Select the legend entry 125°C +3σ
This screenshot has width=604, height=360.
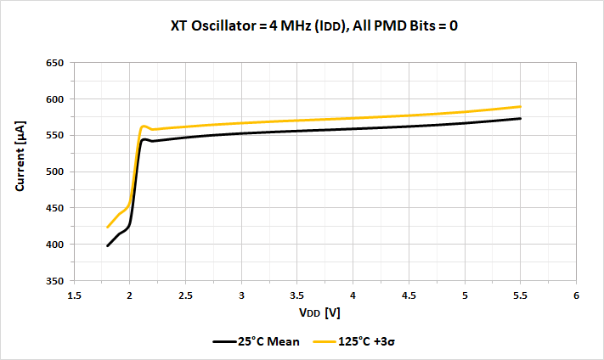tap(357, 341)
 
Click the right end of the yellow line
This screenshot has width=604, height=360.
tap(520, 106)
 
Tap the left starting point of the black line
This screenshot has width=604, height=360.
tap(108, 246)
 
